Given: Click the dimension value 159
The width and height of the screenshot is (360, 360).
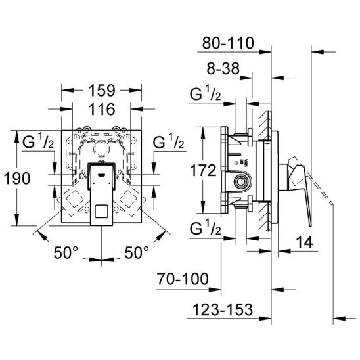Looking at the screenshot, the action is [x=102, y=91].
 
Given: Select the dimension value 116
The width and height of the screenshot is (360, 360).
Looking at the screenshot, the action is [x=102, y=109].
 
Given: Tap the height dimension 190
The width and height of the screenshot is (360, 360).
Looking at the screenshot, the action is [x=17, y=179].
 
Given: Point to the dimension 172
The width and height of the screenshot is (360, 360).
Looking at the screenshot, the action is [x=203, y=170].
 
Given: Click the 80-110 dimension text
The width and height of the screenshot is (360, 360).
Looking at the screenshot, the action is [x=228, y=43].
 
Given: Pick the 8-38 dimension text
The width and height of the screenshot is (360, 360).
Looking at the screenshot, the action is [x=223, y=68].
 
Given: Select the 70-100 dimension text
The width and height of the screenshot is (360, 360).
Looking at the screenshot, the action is [x=183, y=279].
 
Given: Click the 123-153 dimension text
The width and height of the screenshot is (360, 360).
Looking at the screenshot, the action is [x=223, y=309].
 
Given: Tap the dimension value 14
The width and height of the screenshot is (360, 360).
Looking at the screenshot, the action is [x=304, y=242].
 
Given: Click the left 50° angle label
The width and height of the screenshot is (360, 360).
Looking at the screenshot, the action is [x=66, y=252].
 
